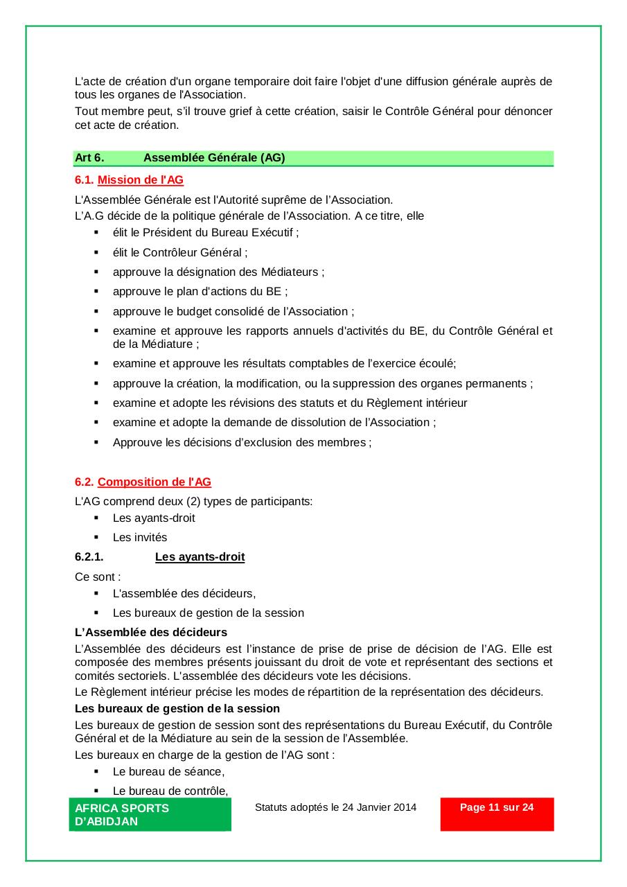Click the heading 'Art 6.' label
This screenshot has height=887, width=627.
[89, 158]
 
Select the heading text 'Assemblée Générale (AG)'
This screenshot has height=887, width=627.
[214, 158]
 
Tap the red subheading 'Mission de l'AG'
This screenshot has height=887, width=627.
[141, 180]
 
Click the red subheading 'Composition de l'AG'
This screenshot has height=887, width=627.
[154, 482]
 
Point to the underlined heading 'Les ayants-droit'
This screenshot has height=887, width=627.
[200, 557]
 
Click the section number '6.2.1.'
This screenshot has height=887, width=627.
[89, 557]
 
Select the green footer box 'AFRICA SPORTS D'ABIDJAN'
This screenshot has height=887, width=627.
[150, 814]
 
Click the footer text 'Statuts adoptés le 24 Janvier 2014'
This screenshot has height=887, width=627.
[335, 807]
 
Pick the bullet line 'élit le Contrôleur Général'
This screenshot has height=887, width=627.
[180, 253]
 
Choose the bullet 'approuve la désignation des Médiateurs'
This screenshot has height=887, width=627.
[218, 272]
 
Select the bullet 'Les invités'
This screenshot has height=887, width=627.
[140, 538]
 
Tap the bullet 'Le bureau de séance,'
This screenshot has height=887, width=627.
[168, 772]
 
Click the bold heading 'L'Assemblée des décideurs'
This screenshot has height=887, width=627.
[151, 633]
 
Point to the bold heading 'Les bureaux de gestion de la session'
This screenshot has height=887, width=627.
[177, 709]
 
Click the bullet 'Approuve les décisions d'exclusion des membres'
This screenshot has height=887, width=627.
[242, 442]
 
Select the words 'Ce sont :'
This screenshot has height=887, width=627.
[98, 577]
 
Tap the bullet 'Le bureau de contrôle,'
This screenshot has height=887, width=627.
[170, 791]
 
